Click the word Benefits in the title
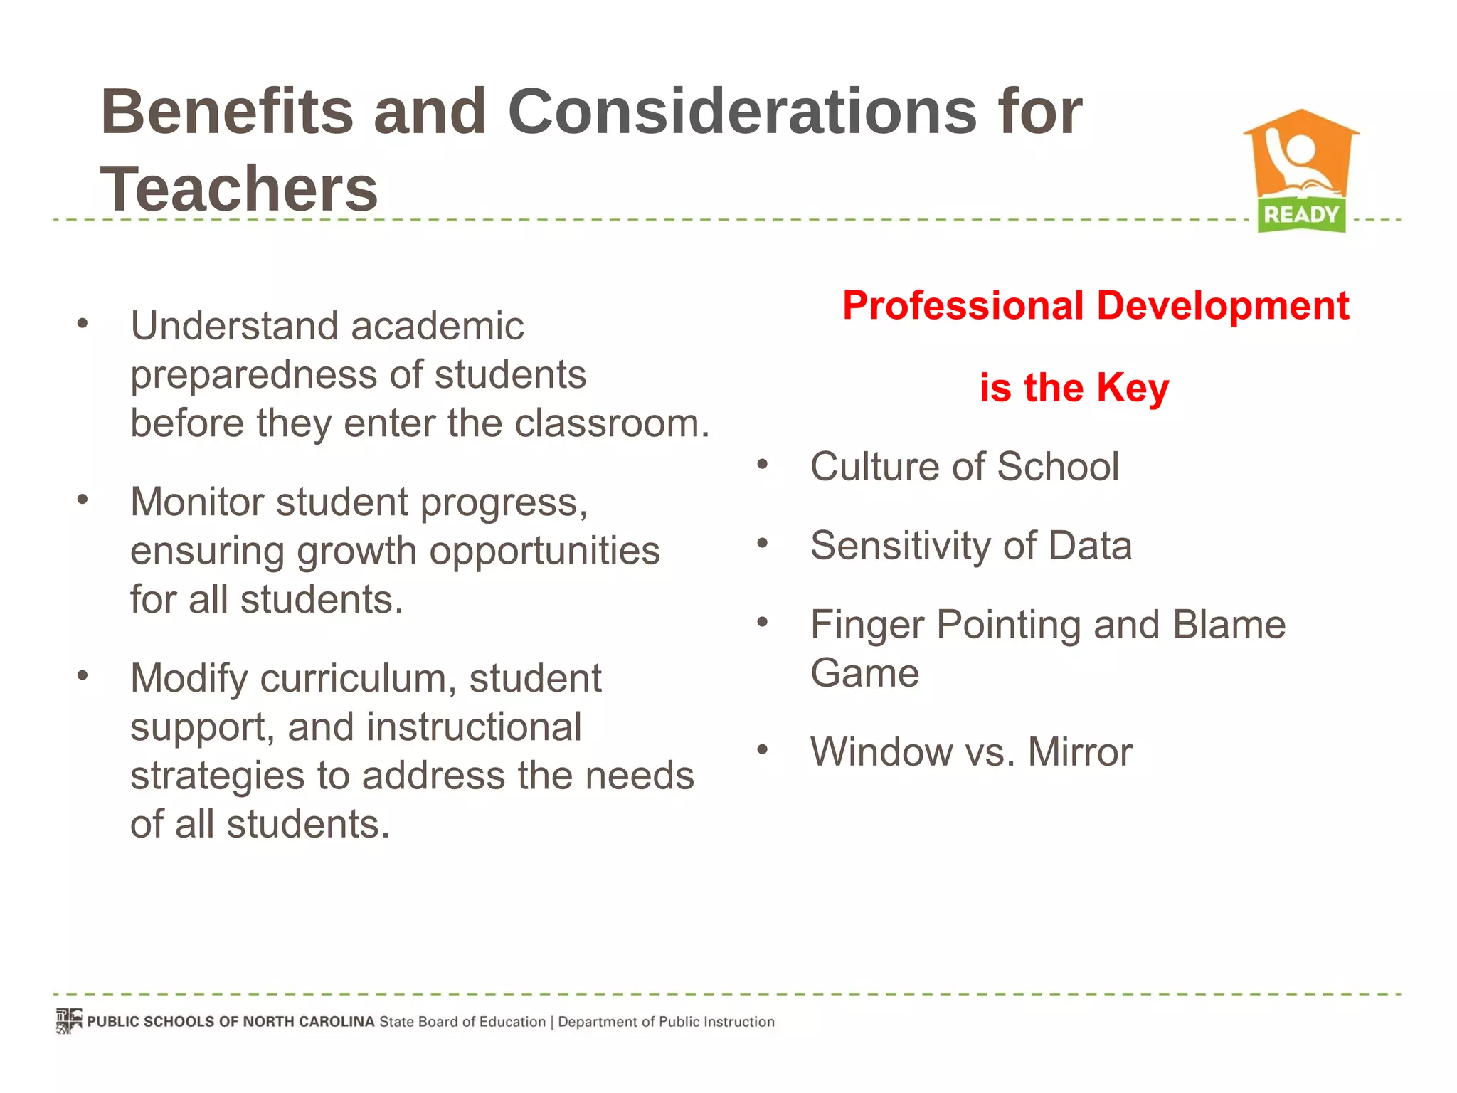(227, 112)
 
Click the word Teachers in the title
(239, 189)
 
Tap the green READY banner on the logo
(1301, 214)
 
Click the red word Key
(1132, 389)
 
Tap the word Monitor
(197, 502)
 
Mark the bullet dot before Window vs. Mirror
(763, 749)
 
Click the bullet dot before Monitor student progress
(83, 499)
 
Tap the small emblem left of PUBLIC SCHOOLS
(69, 1021)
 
